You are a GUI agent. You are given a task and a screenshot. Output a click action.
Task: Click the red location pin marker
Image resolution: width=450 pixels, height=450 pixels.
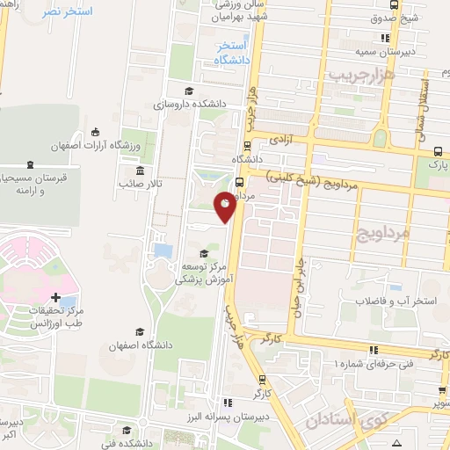[x=225, y=206]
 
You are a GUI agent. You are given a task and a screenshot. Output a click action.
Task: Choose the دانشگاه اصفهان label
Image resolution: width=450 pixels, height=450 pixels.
[x=138, y=345]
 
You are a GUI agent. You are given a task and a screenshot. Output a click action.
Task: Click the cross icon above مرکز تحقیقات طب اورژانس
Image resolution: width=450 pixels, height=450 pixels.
[x=56, y=299]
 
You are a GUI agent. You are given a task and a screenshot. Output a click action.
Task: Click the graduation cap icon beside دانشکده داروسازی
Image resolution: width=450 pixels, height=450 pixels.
[x=187, y=91]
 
